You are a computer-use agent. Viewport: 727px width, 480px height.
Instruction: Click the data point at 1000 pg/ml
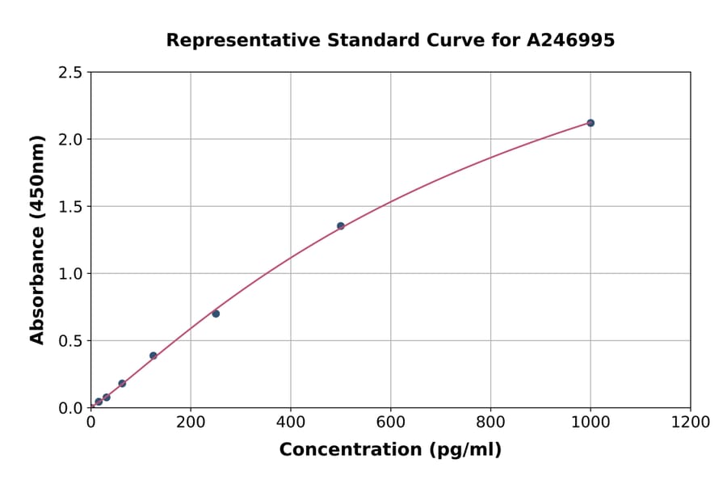pyautogui.click(x=590, y=123)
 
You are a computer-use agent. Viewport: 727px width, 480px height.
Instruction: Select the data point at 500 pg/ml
pyautogui.click(x=341, y=226)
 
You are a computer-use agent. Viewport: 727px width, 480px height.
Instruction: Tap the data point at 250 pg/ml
pyautogui.click(x=216, y=314)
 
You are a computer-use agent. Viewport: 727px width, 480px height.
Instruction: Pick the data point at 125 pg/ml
pyautogui.click(x=153, y=356)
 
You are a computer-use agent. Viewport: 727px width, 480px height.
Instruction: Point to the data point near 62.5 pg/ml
pyautogui.click(x=122, y=384)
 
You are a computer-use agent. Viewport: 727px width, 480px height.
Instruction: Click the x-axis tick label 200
pyautogui.click(x=191, y=422)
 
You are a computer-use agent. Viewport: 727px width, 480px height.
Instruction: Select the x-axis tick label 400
pyautogui.click(x=291, y=422)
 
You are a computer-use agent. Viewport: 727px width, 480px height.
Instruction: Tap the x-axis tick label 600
pyautogui.click(x=391, y=422)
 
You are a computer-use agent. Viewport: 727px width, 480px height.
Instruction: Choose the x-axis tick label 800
pyautogui.click(x=490, y=422)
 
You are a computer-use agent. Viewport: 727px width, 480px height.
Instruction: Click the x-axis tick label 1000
pyautogui.click(x=590, y=422)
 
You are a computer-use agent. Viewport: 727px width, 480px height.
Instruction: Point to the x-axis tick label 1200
pyautogui.click(x=691, y=422)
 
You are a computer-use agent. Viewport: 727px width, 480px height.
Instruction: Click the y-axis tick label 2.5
pyautogui.click(x=71, y=73)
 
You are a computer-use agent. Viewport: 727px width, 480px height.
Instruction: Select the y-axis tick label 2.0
pyautogui.click(x=71, y=140)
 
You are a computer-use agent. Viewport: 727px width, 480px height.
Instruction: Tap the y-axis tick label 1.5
pyautogui.click(x=71, y=207)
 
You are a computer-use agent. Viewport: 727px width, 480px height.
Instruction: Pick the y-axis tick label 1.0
pyautogui.click(x=71, y=274)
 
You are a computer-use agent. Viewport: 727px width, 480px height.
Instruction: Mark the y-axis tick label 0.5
pyautogui.click(x=71, y=341)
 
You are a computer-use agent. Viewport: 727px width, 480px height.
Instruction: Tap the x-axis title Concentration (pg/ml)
pyautogui.click(x=390, y=450)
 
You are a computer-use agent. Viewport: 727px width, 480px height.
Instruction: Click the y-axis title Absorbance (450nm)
pyautogui.click(x=37, y=240)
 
